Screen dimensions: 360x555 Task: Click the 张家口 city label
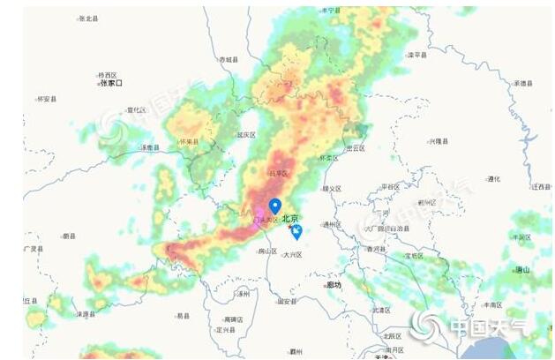coord(111,83)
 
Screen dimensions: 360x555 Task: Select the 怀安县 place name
coord(46,99)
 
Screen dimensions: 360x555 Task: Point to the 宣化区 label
coord(137,110)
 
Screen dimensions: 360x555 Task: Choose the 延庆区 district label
coord(246,135)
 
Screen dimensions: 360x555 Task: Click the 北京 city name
coord(290,218)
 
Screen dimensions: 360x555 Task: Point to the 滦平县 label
coord(417,55)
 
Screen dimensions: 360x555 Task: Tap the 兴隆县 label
coord(439,141)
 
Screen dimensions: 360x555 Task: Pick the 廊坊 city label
coord(334,285)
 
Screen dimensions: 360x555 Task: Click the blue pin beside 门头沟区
coord(274,207)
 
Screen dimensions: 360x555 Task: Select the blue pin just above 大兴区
coord(297,232)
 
